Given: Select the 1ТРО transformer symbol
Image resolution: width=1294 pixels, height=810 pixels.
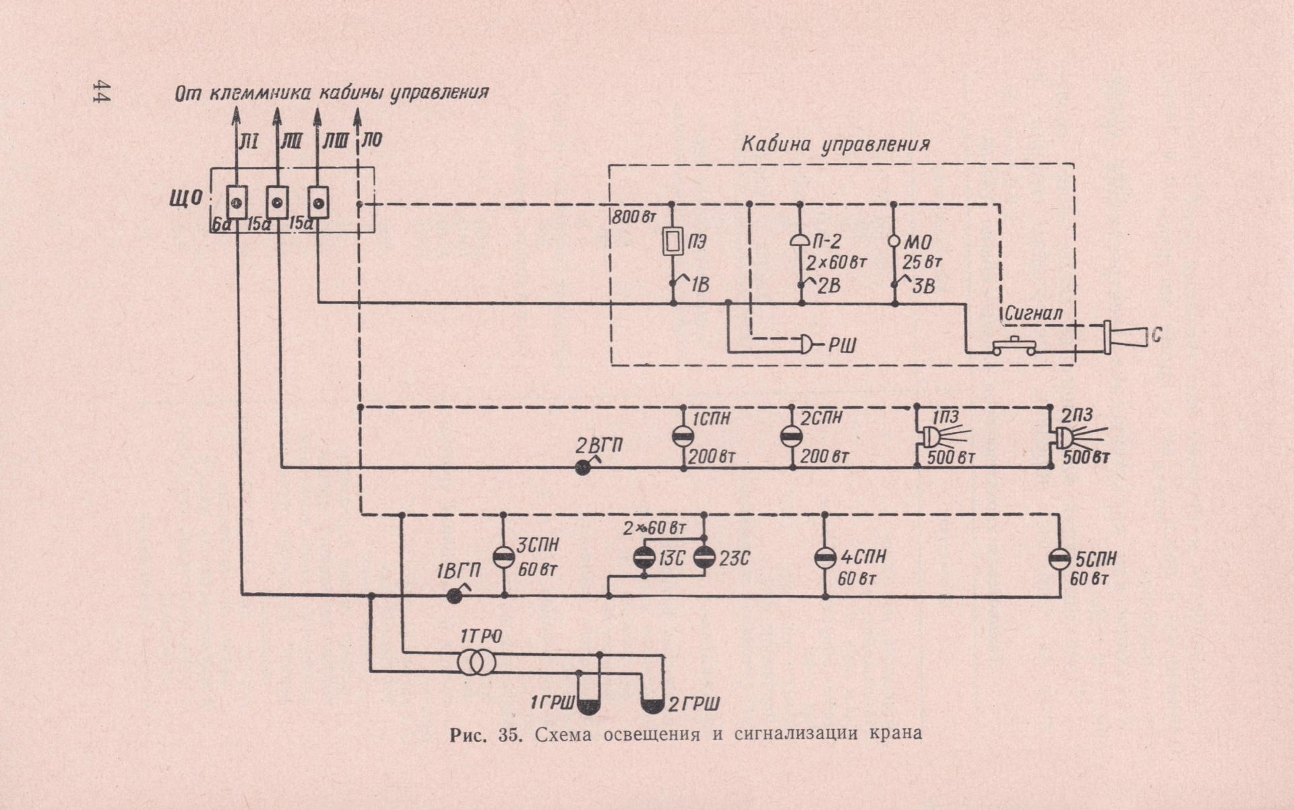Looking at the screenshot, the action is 476,662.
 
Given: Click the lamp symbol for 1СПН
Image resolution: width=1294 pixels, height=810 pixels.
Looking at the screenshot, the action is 683,436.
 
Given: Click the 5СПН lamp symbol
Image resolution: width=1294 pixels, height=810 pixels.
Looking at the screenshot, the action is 1059,559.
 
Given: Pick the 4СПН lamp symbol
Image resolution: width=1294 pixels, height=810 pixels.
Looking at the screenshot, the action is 825,558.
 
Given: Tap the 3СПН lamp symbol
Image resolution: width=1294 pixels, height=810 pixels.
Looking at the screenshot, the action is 503,557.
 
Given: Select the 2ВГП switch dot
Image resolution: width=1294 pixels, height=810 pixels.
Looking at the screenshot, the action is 583,467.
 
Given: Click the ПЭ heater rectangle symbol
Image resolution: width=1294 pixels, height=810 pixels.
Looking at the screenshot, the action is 673,242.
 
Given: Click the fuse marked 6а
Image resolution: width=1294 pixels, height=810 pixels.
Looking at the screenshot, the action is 237,202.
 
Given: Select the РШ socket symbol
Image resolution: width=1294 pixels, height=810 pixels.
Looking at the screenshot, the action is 806,344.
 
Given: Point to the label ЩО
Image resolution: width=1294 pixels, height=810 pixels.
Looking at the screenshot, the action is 186,198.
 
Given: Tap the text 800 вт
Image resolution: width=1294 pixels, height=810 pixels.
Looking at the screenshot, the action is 634,218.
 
